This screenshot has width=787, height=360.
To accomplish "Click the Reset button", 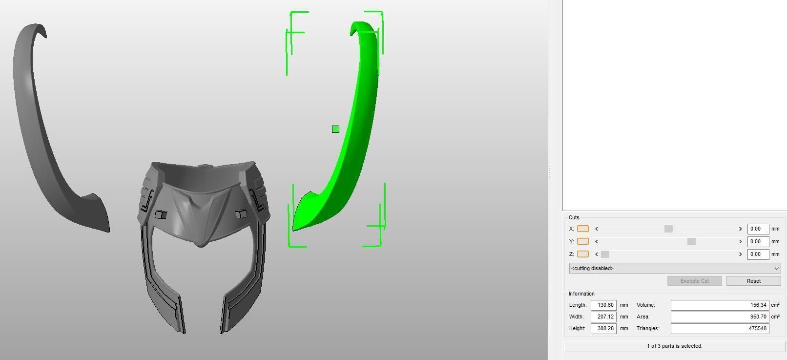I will (x=753, y=281).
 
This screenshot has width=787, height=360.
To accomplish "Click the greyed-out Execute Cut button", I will (x=694, y=281).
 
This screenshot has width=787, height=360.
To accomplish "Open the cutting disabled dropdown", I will (x=675, y=268).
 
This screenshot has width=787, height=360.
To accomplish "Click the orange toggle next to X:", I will (x=582, y=229).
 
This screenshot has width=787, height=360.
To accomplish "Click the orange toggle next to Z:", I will (x=582, y=254).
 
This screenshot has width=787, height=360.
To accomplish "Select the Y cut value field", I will (x=758, y=241).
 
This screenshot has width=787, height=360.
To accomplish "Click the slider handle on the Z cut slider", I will (x=605, y=254).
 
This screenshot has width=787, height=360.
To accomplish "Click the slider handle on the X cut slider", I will (x=668, y=229).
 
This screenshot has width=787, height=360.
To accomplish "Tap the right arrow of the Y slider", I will (x=740, y=241).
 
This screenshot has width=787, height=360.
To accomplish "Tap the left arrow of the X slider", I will (x=597, y=229).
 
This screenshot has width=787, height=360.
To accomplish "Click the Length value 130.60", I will (x=603, y=305).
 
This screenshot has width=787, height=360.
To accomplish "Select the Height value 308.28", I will (x=603, y=328).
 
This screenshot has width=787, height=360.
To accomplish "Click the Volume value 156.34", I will (x=720, y=305).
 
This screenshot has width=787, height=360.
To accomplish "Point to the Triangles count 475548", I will (x=720, y=328).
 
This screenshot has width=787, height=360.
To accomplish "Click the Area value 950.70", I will (x=720, y=317).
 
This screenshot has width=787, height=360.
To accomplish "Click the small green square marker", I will (x=335, y=129).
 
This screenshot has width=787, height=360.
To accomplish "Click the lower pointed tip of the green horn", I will (x=293, y=229).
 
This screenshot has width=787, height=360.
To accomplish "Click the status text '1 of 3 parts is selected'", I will (x=674, y=346).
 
